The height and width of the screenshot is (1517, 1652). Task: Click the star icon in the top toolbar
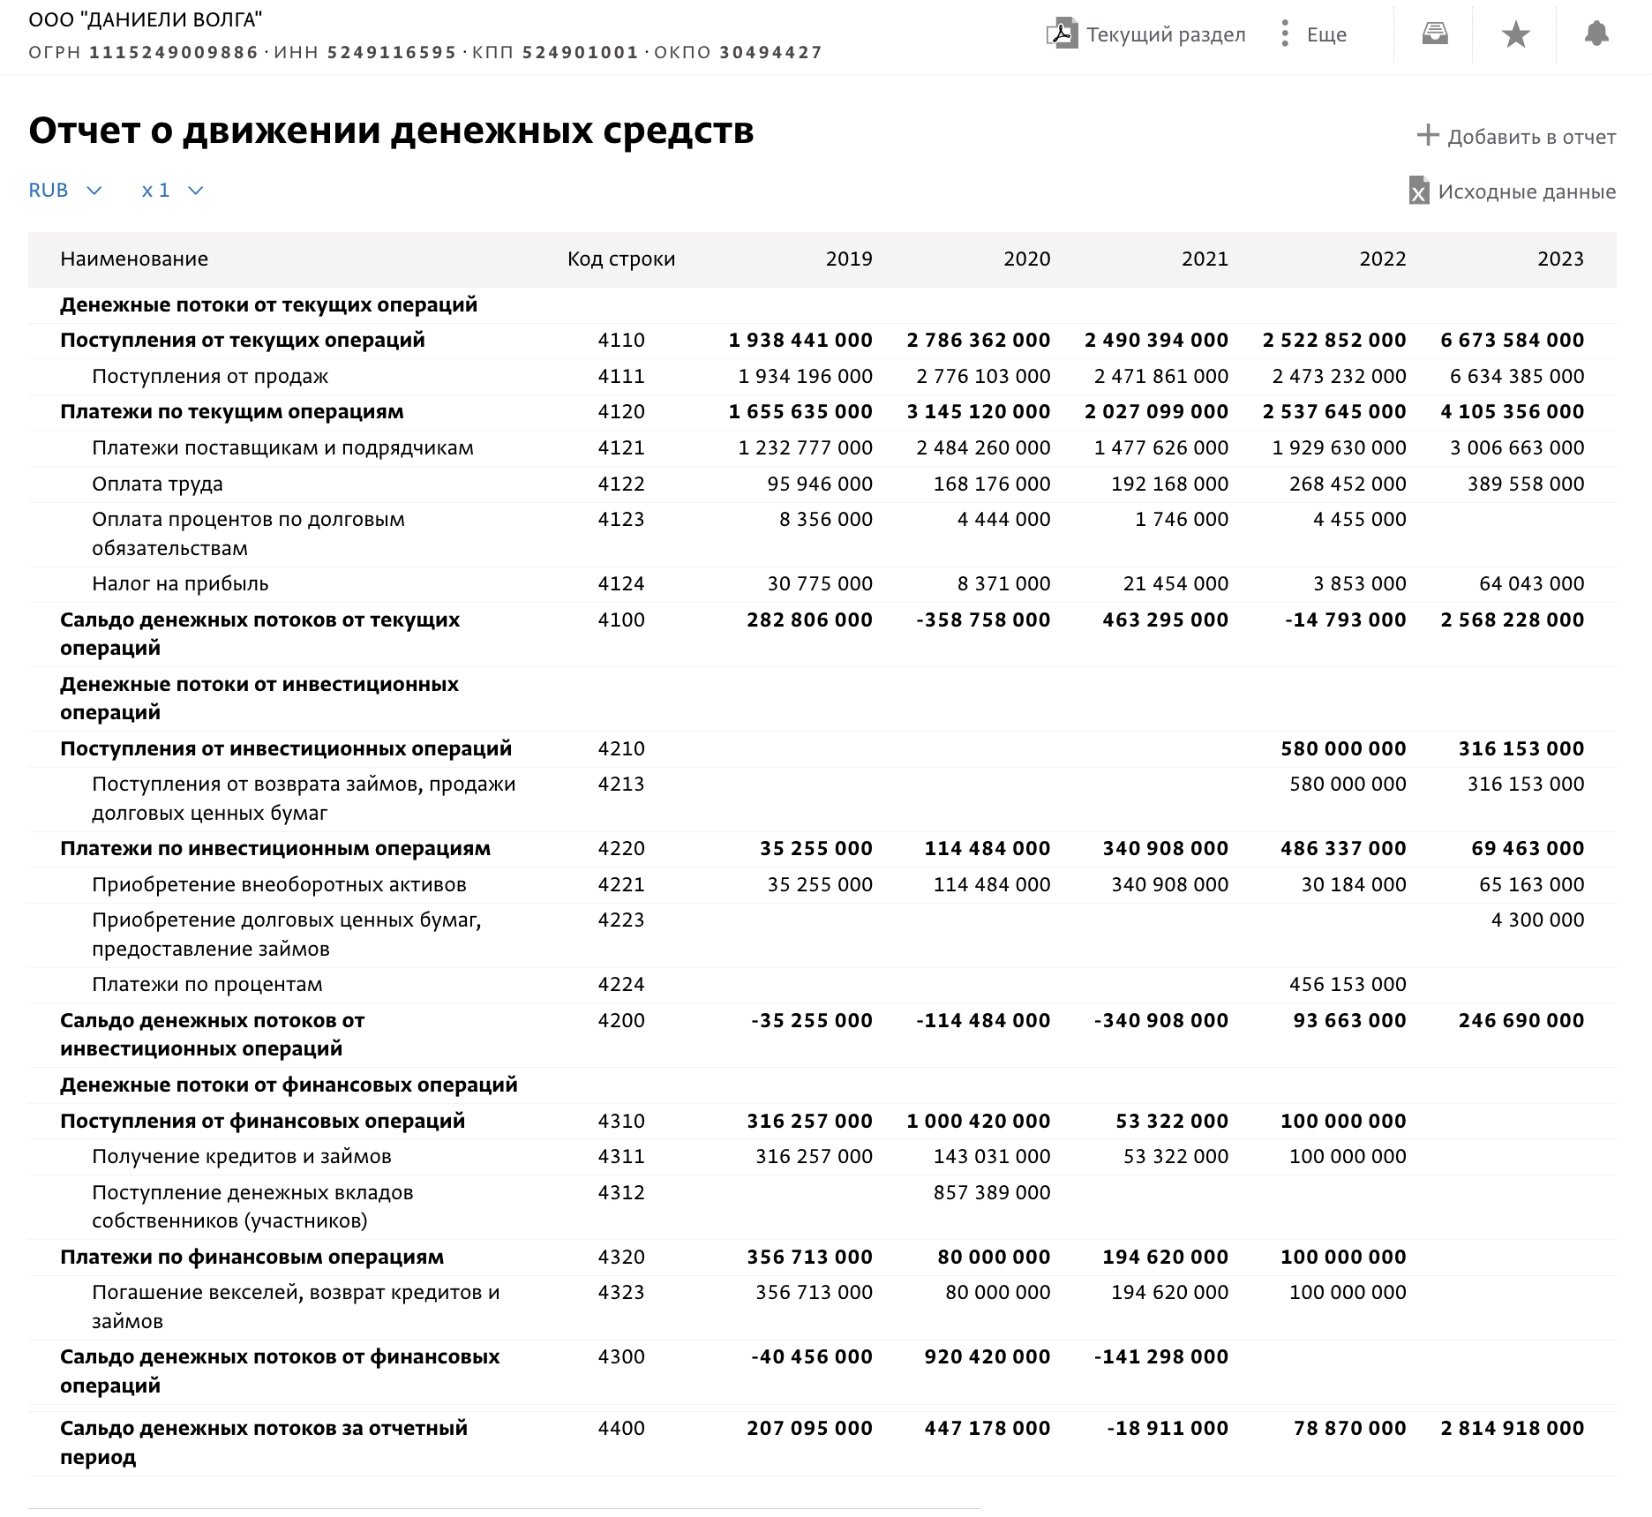[1515, 35]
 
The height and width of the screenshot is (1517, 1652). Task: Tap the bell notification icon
[1596, 34]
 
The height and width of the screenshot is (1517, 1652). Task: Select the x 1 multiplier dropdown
[172, 191]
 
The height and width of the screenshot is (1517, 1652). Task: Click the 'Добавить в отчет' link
[1516, 137]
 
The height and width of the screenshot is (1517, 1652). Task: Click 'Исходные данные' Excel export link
[1513, 192]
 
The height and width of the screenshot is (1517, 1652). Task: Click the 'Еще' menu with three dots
[1313, 34]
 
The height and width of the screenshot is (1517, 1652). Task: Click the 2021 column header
[1205, 259]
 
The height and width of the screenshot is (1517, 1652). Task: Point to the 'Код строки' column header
[621, 259]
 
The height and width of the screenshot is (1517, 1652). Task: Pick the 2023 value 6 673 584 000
[1512, 341]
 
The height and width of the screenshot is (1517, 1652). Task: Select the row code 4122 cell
[621, 484]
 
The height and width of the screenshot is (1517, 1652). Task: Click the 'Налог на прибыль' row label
[180, 584]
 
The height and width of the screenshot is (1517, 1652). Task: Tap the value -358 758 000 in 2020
[983, 620]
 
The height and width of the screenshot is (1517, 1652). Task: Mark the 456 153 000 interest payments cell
[1348, 985]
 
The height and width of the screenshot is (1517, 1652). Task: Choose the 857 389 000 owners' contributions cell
[992, 1193]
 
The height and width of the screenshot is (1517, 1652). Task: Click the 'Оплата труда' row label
[157, 484]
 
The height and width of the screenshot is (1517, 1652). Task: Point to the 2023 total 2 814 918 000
[1512, 1429]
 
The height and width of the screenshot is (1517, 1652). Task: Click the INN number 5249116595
[392, 53]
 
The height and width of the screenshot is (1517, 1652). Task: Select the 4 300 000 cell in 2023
[1537, 920]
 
